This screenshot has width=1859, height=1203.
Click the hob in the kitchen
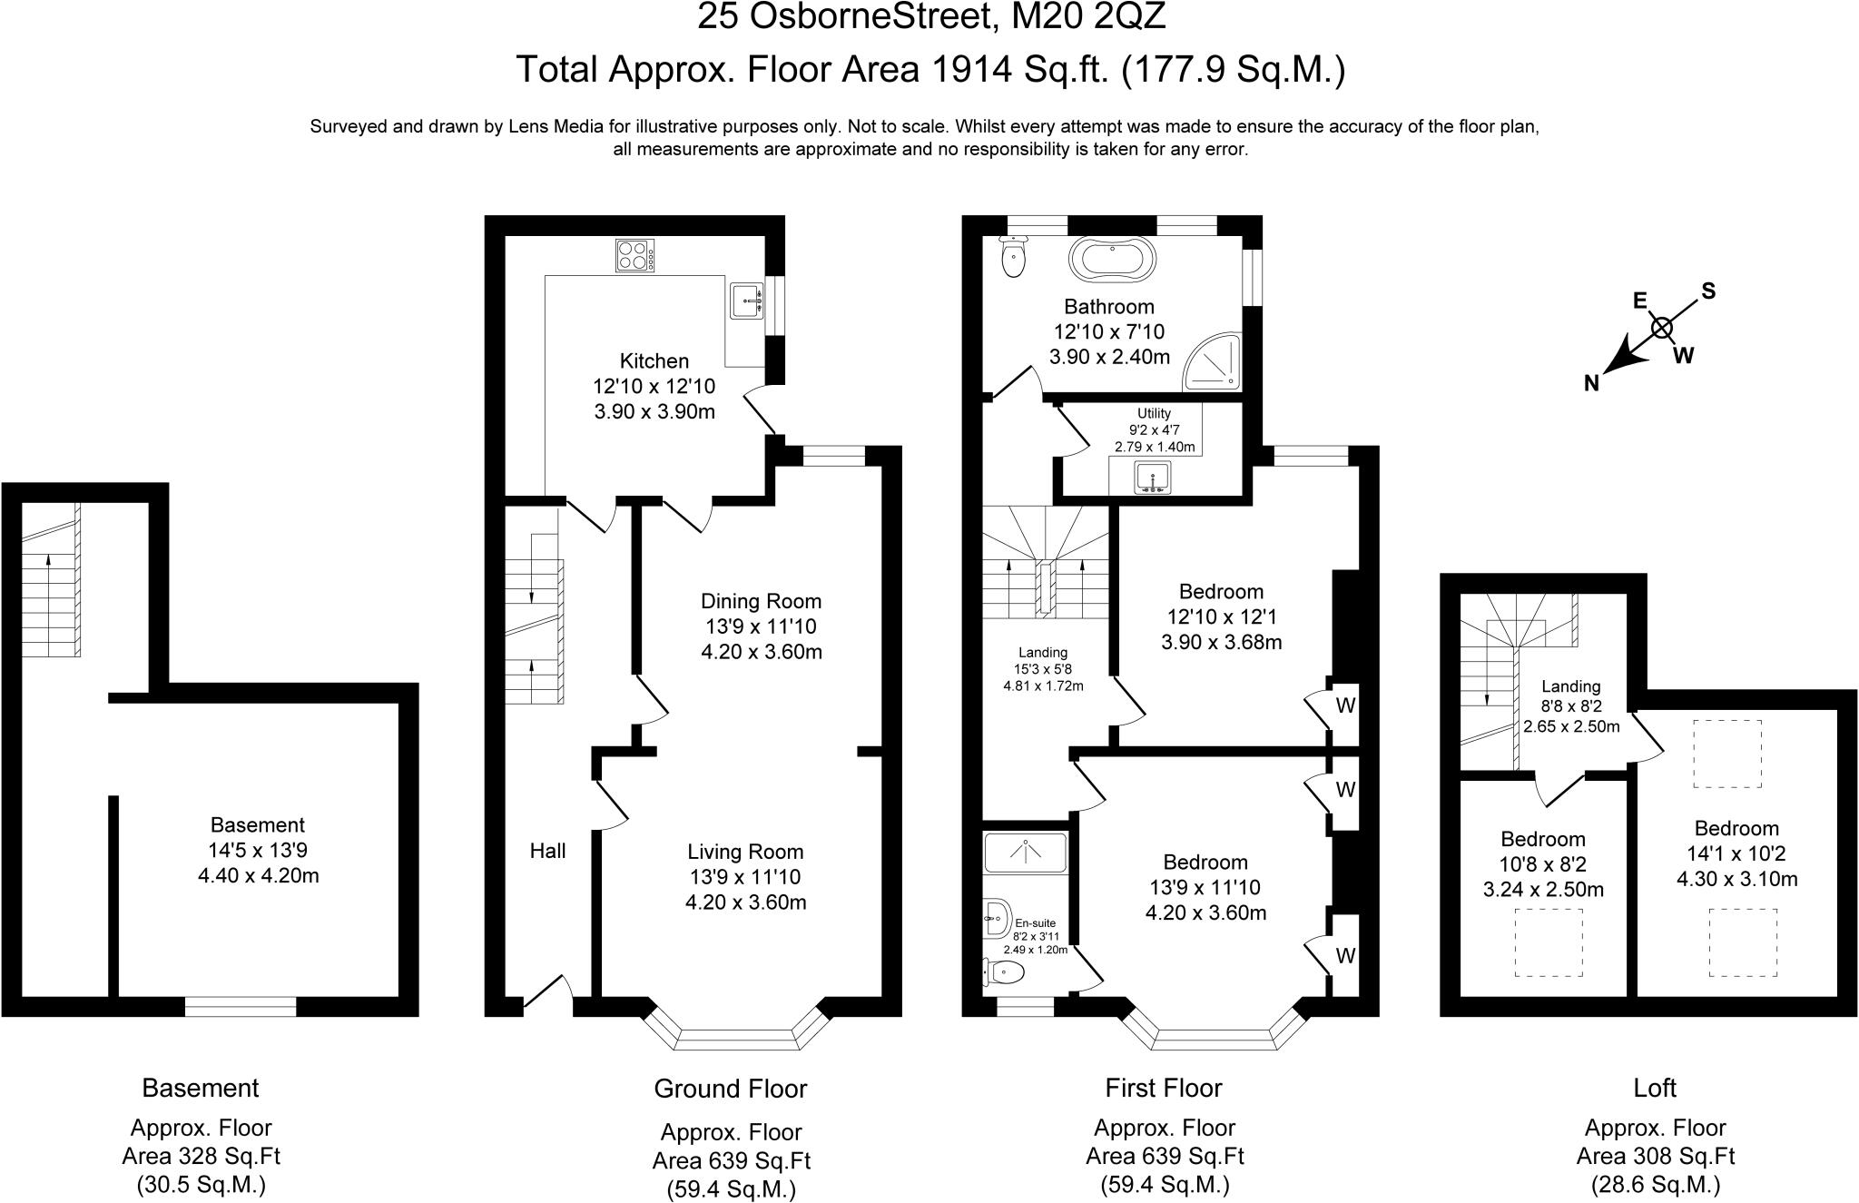[x=635, y=255]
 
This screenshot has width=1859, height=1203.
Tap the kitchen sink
[x=748, y=300]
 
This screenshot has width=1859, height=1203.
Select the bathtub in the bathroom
[x=1114, y=258]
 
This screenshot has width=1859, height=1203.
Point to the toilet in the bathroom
[x=1012, y=257]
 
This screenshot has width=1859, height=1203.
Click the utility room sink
[x=1152, y=478]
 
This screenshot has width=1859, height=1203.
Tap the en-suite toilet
[x=1005, y=973]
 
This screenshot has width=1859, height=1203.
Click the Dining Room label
[x=761, y=601]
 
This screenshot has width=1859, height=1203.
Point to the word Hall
[x=547, y=851]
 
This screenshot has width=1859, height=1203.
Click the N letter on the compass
[x=1591, y=384]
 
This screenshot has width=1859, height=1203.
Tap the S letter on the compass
[x=1708, y=291]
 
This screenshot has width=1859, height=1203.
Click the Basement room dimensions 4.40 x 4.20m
[x=258, y=876]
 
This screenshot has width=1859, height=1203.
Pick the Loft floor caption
[x=1654, y=1088]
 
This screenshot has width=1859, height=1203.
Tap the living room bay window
[x=736, y=1039]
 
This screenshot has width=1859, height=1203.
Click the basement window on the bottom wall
[x=241, y=1006]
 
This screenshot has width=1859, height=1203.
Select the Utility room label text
[x=1154, y=413]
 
